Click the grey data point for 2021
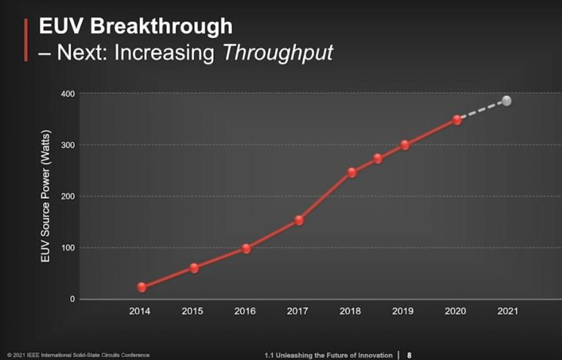click(x=506, y=101)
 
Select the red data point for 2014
click(x=142, y=288)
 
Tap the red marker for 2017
click(x=299, y=220)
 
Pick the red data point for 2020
click(x=457, y=120)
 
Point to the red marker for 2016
click(x=246, y=249)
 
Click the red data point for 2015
click(x=194, y=268)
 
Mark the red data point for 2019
click(x=405, y=145)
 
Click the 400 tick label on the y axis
click(x=68, y=94)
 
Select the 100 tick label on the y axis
click(x=68, y=248)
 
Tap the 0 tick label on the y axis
click(x=72, y=299)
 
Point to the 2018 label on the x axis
click(x=351, y=311)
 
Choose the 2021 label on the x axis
click(x=507, y=311)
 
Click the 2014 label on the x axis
click(x=140, y=311)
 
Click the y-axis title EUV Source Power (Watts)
click(x=45, y=197)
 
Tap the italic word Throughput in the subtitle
click(x=280, y=53)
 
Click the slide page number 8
click(x=409, y=355)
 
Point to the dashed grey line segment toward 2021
click(x=481, y=110)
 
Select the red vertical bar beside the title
click(x=27, y=40)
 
